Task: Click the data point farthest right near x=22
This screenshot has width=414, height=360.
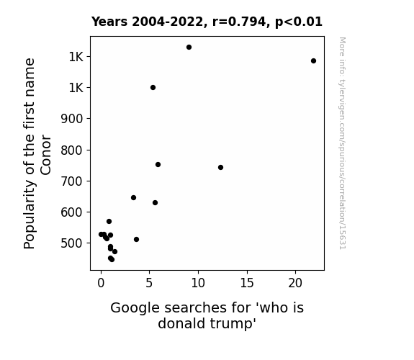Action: click(x=313, y=61)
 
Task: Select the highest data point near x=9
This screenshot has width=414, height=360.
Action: click(x=189, y=48)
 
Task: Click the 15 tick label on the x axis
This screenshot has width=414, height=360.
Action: click(x=247, y=283)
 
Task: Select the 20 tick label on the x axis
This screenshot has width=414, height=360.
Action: click(x=295, y=283)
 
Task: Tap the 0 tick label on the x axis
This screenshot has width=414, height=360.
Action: click(x=101, y=283)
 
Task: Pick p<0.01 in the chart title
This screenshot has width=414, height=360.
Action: click(x=299, y=22)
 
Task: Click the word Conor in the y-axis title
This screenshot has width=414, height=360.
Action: click(x=45, y=155)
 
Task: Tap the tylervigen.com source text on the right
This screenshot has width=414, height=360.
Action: click(x=342, y=143)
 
